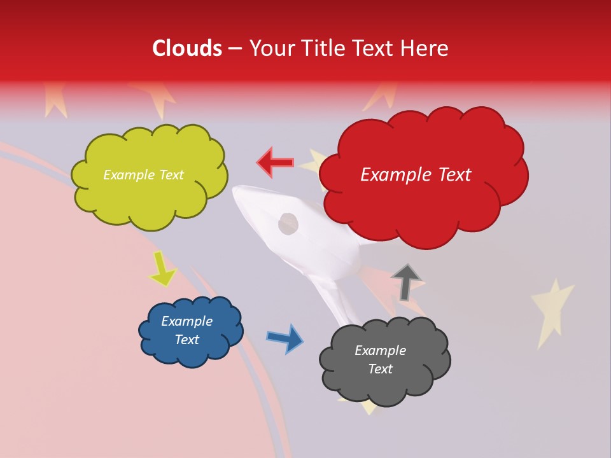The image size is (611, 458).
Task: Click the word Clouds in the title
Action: tap(186, 48)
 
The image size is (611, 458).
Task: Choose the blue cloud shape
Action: tap(190, 331)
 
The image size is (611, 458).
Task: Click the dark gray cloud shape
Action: tap(384, 360)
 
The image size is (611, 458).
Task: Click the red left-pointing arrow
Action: tap(276, 163)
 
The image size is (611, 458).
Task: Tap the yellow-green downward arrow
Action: tap(163, 268)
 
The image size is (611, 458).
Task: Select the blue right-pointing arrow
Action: tap(285, 338)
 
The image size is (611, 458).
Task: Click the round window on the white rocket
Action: tap(288, 223)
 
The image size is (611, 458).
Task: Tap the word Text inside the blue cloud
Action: tap(187, 340)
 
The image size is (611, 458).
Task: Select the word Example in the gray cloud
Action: tap(380, 350)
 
